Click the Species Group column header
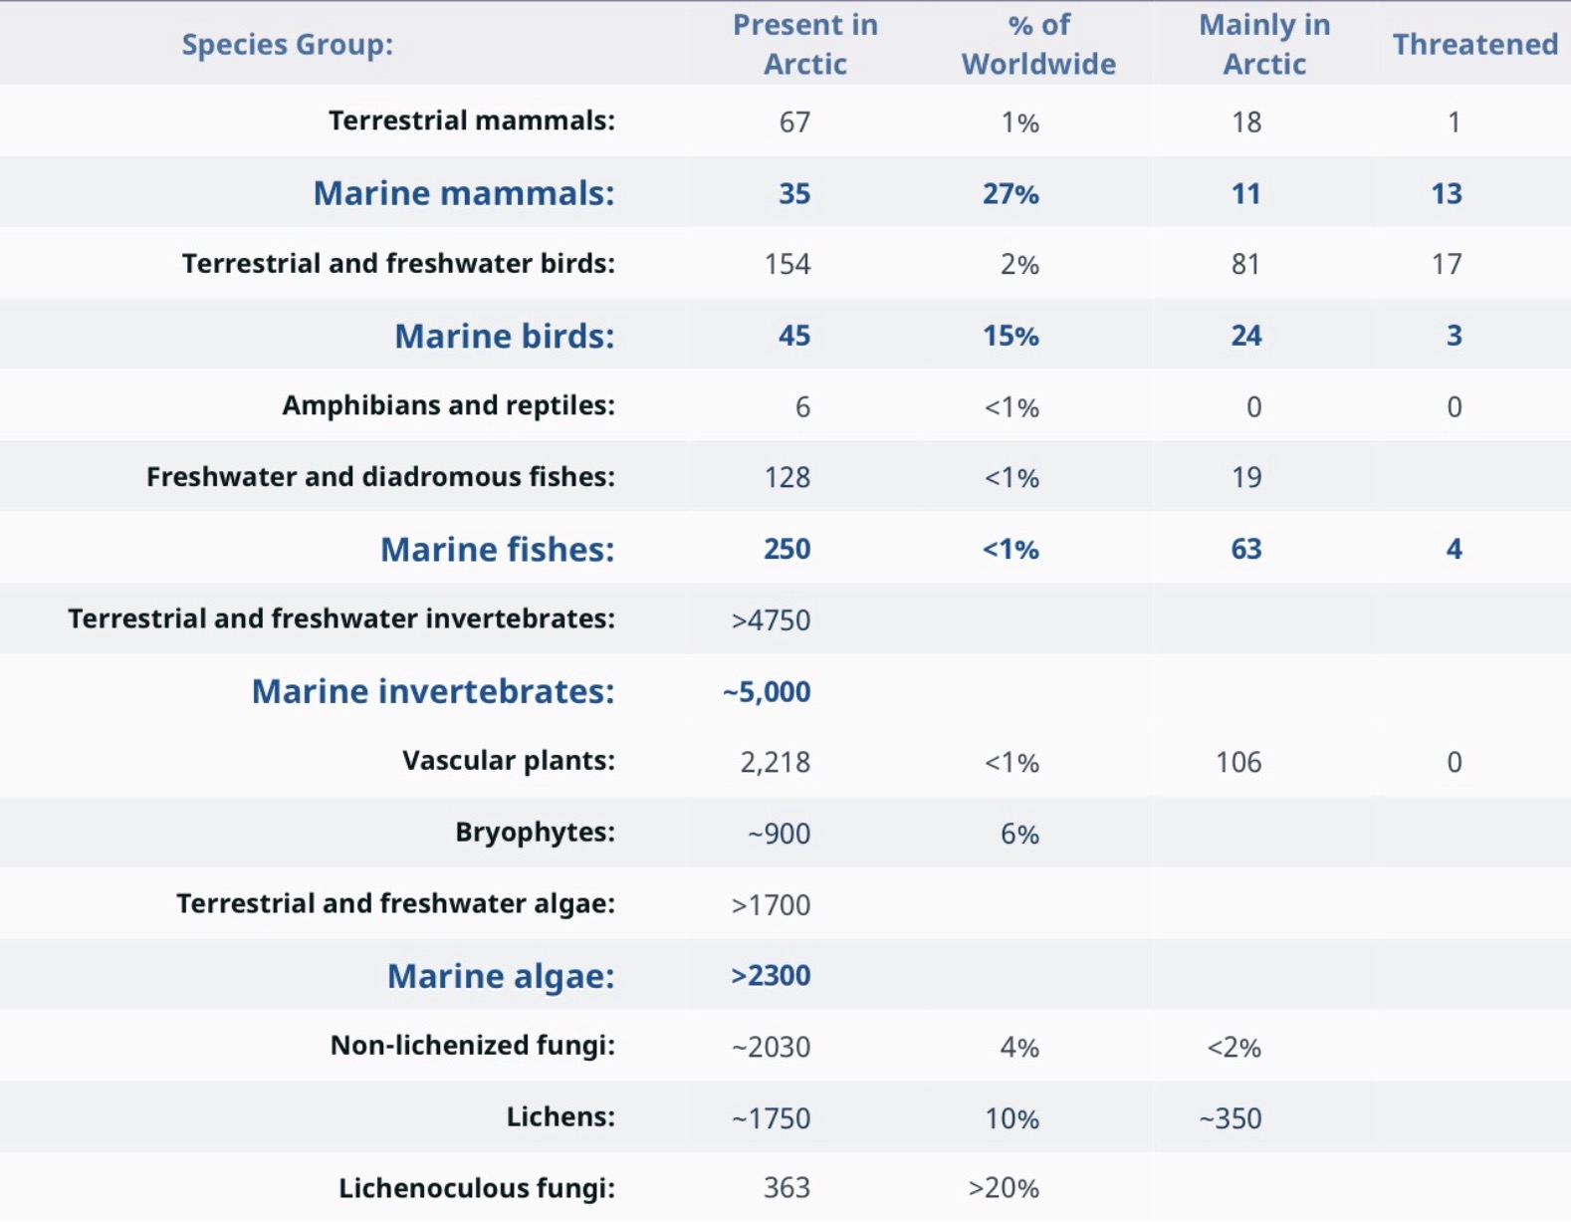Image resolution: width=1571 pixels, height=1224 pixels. click(x=287, y=45)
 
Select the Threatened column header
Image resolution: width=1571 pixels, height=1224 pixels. click(x=1474, y=45)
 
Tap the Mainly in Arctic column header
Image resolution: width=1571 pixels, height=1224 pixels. click(x=1263, y=45)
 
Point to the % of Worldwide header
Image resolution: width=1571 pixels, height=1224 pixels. click(x=1038, y=45)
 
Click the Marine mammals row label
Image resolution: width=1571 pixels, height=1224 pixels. click(x=464, y=193)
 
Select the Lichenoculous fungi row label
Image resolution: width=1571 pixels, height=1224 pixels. click(x=476, y=1188)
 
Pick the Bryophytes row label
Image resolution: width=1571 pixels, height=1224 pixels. click(x=535, y=833)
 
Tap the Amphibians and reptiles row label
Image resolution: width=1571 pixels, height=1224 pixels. click(x=448, y=406)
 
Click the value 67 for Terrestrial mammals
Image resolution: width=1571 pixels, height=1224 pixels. click(x=794, y=122)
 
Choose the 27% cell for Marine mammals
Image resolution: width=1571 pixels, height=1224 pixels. click(x=1010, y=193)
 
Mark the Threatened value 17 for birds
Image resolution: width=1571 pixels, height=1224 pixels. click(x=1447, y=264)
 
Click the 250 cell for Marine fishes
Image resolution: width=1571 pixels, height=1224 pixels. click(x=786, y=549)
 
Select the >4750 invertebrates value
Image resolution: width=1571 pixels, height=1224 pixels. click(x=771, y=620)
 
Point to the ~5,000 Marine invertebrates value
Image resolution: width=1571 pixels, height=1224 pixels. click(x=767, y=692)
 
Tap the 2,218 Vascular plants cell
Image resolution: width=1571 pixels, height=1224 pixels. click(x=775, y=763)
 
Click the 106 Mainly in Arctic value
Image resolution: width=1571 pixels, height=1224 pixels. click(x=1237, y=763)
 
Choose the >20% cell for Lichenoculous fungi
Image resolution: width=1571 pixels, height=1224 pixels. click(x=1003, y=1188)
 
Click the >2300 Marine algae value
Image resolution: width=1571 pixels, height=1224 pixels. click(x=771, y=976)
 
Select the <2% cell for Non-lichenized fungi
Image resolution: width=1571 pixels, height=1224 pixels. click(x=1234, y=1048)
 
